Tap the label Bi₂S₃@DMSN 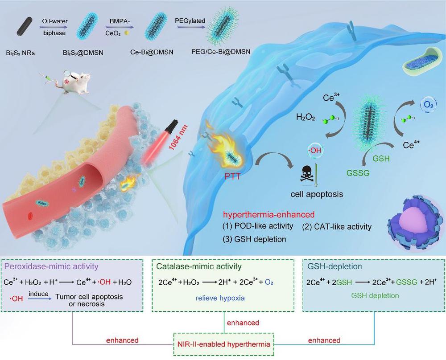point(83,53)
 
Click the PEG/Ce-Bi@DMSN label point(221,52)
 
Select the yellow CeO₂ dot point(127,33)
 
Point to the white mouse point(74,83)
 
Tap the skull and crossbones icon point(307,174)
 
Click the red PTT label point(232,176)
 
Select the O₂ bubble point(428,105)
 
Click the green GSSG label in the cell point(358,172)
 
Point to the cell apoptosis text point(317,194)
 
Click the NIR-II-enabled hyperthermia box point(224,344)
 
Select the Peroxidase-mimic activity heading point(51,266)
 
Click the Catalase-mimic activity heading point(199,266)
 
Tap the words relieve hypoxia point(220,298)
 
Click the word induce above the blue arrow point(38,294)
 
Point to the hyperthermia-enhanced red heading point(269,214)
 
